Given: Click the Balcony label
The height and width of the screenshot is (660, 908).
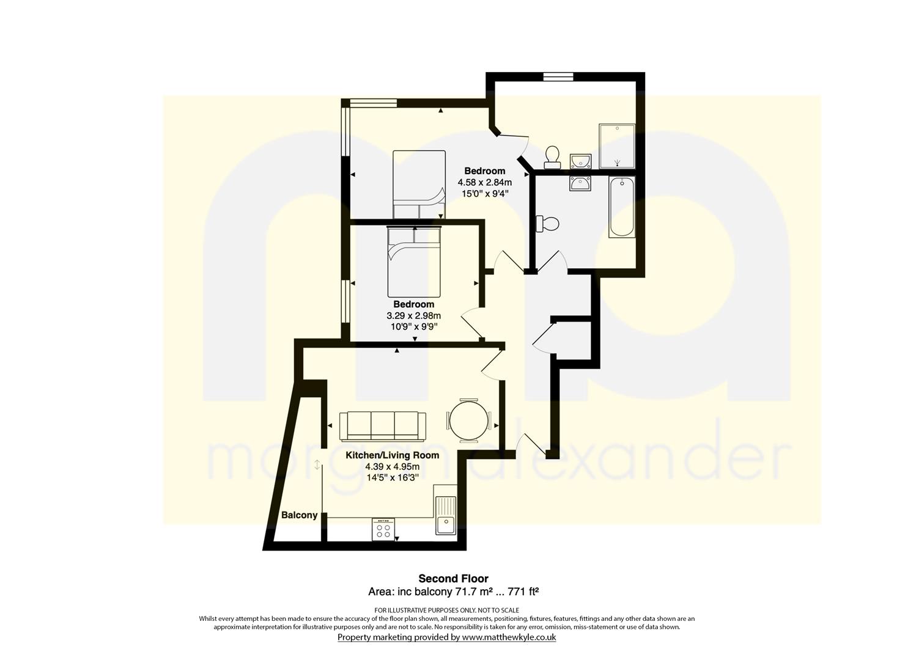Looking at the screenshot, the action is tap(299, 515).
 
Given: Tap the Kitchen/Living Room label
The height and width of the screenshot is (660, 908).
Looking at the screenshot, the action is tap(392, 455).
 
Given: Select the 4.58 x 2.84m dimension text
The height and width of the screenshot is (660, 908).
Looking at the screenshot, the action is tap(485, 182).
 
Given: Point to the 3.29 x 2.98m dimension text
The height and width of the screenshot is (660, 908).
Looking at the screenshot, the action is tap(413, 315).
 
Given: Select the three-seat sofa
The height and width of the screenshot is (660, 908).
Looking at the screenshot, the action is tap(383, 426).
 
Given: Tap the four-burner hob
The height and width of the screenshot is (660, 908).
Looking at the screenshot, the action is tap(383, 529).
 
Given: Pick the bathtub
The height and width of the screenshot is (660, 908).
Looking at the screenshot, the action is tap(621, 207).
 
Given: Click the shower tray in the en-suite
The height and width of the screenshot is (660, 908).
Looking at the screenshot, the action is tap(617, 146).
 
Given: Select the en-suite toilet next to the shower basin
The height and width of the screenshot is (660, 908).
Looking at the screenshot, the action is tap(552, 157).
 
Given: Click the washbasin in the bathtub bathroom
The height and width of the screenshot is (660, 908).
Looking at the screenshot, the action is tap(580, 183).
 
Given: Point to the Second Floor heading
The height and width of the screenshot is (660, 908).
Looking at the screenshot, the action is tap(453, 578).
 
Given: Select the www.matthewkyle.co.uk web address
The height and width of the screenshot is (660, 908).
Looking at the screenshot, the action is tap(509, 637).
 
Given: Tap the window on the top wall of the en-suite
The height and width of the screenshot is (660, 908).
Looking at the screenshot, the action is tap(559, 76).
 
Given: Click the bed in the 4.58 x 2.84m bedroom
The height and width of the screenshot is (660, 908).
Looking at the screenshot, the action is tap(419, 185).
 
